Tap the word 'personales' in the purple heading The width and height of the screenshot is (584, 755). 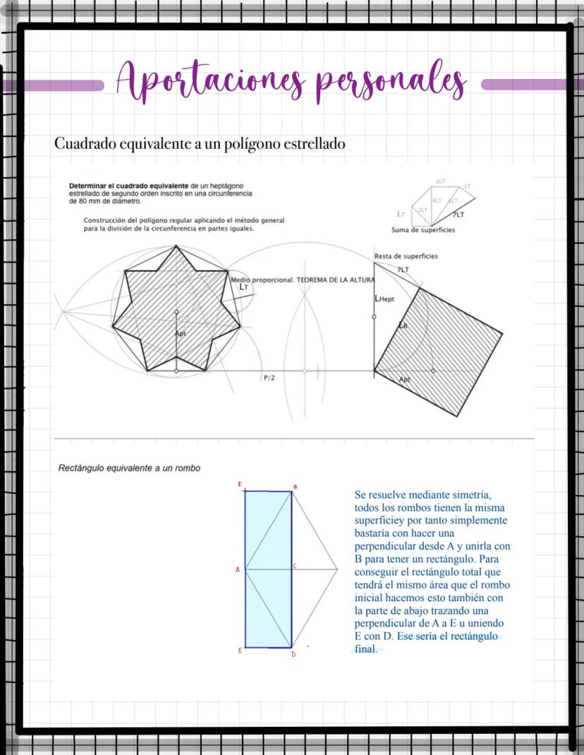coord(391,83)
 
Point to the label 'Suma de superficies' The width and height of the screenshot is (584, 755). coord(423,230)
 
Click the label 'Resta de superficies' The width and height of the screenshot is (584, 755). coord(406,256)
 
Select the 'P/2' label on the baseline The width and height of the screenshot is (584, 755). coord(269,378)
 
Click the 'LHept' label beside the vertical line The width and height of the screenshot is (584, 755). coord(385,300)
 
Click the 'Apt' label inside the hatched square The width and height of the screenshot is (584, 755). coord(405,380)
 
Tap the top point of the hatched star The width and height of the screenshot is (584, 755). coord(176,246)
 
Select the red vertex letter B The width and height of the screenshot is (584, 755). coord(294,487)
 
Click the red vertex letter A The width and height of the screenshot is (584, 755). coord(238,569)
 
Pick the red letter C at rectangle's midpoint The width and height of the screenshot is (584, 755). coord(295,566)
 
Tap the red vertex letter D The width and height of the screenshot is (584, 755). coord(293,655)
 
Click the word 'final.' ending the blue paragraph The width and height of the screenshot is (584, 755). coord(366,649)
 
